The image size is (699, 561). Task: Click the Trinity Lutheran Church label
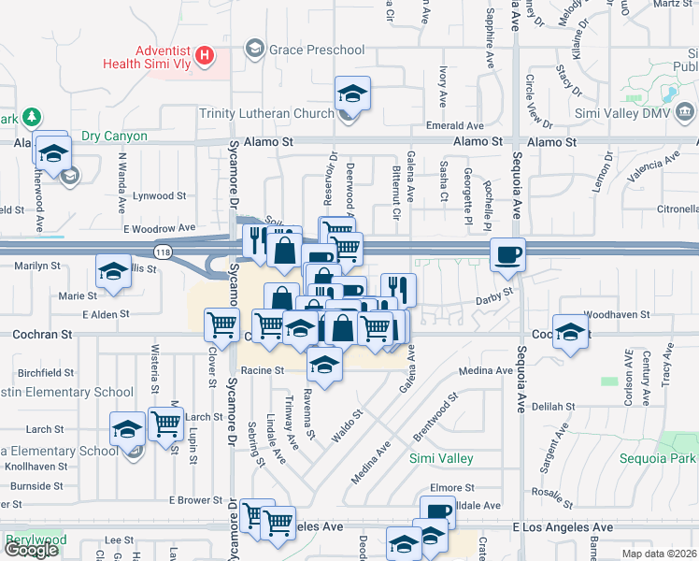[x=266, y=113]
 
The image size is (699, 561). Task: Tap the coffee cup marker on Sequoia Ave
[x=507, y=253]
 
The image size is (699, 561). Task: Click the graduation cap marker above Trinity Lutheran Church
[x=352, y=93]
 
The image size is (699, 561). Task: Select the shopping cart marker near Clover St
[x=222, y=324]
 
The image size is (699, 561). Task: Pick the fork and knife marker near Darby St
[x=398, y=290]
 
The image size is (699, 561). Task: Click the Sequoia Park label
[x=657, y=459]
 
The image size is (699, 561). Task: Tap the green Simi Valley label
[x=441, y=459]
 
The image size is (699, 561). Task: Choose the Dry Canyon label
[x=114, y=137]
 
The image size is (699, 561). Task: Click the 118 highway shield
[x=164, y=252]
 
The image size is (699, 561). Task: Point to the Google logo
[x=31, y=550]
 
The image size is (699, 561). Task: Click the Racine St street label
[x=262, y=370]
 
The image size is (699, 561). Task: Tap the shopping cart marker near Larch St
[x=165, y=424]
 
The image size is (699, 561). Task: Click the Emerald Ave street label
[x=456, y=125]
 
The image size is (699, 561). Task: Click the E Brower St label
[x=195, y=500]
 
